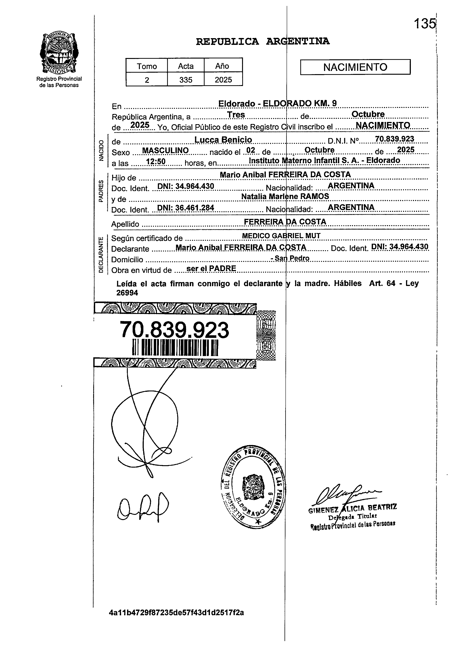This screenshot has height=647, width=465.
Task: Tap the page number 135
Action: [x=425, y=23]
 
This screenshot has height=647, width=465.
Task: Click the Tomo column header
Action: [x=147, y=66]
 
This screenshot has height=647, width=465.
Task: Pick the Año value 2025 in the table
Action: [x=223, y=80]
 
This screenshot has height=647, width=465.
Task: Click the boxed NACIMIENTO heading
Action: [x=355, y=67]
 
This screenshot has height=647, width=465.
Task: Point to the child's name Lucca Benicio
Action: [x=223, y=140]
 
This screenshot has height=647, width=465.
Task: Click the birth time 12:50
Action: [x=156, y=162]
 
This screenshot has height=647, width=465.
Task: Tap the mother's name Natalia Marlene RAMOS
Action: [x=285, y=196]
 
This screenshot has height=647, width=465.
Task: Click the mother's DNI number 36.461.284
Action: [x=185, y=208]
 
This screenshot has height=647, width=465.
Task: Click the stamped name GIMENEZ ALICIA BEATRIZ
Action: [x=353, y=508]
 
